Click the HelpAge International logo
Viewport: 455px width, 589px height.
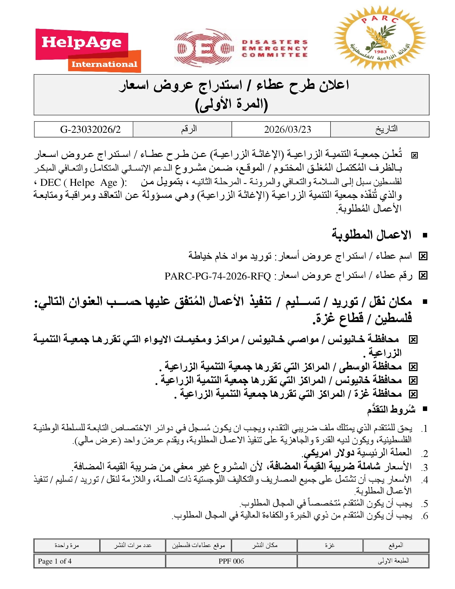tap(88, 51)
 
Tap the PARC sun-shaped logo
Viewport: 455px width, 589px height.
tap(380, 38)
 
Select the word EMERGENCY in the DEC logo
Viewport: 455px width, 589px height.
tap(275, 48)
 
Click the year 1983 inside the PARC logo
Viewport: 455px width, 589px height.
tap(380, 51)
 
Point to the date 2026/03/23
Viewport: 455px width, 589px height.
tap(287, 130)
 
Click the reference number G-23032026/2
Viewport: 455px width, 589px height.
tap(90, 130)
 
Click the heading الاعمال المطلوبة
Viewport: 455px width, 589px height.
tap(371, 235)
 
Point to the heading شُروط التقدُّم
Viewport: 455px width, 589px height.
tap(391, 409)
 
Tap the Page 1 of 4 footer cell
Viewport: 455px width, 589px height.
tap(55, 561)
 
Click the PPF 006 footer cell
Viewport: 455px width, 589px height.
tap(231, 561)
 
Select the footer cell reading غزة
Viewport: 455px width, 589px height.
tap(330, 545)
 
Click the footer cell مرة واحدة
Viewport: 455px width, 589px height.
tap(67, 545)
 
